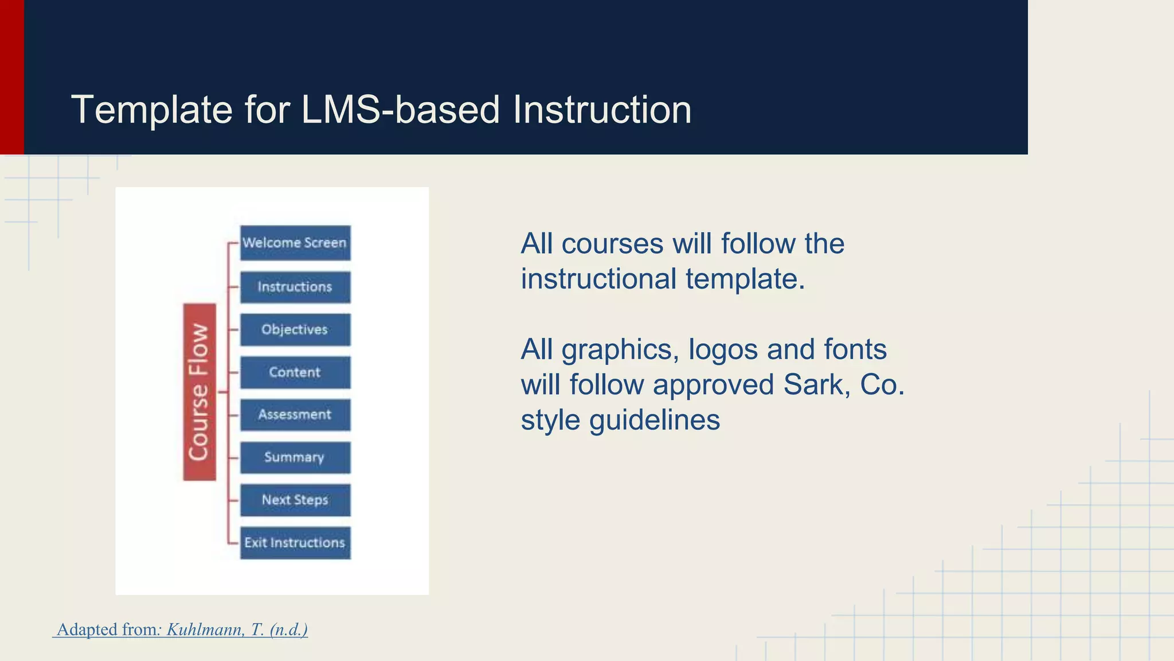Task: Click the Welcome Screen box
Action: tap(295, 243)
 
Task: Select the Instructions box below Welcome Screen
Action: tap(295, 287)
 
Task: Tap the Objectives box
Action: tap(295, 329)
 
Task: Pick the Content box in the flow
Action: tap(295, 372)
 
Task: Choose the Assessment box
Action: tap(295, 414)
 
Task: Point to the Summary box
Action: tap(295, 457)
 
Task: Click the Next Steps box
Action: tap(295, 500)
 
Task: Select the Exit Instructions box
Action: tap(295, 543)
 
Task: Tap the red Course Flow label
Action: tap(199, 392)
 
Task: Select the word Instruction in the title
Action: tap(602, 110)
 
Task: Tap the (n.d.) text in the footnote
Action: tap(288, 629)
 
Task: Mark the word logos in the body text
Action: tap(723, 350)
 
